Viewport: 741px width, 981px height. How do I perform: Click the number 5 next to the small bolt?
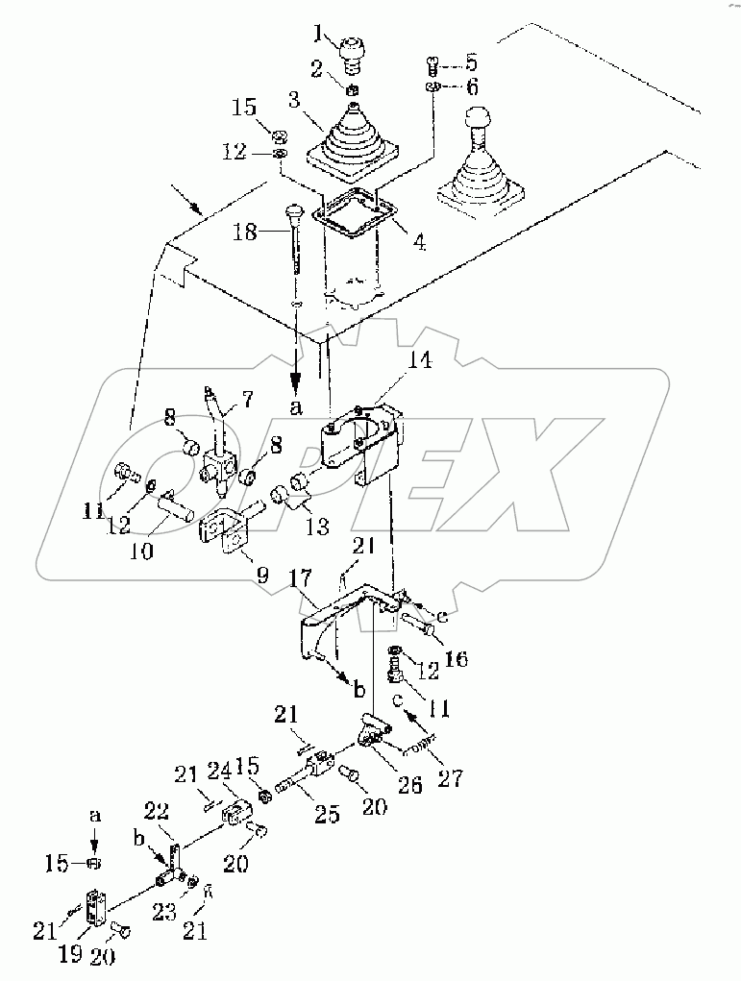(470, 63)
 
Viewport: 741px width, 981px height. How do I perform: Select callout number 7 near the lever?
(248, 397)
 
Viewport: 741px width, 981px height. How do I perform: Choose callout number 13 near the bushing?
(318, 526)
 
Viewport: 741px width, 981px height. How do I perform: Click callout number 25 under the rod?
(328, 816)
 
